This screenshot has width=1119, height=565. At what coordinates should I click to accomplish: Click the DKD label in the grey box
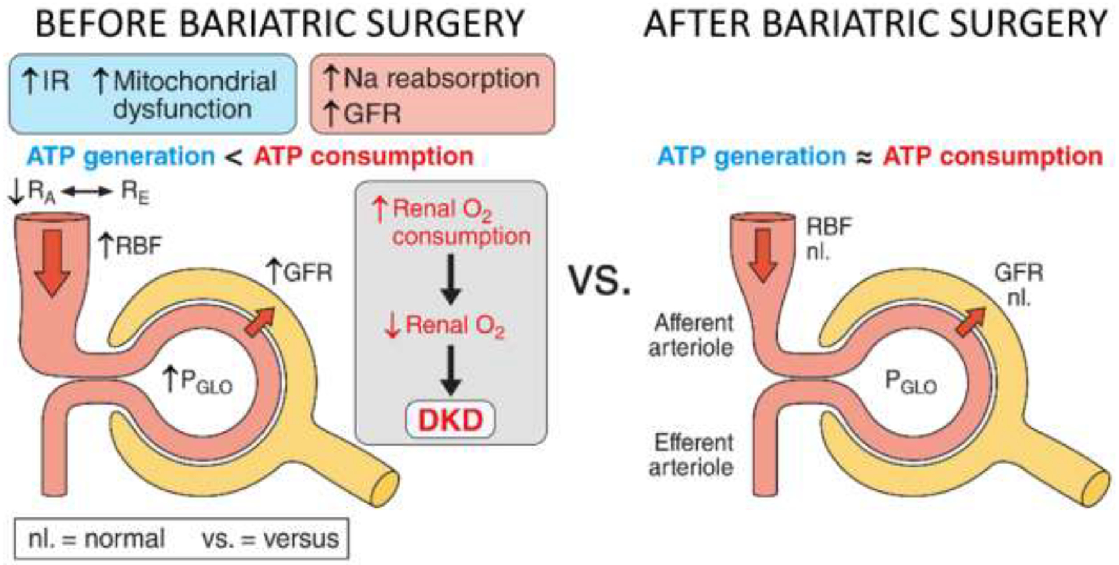tap(450, 420)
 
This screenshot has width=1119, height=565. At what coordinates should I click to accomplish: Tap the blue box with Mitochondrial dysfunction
tap(152, 94)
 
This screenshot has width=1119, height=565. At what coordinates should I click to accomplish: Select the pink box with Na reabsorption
tap(432, 94)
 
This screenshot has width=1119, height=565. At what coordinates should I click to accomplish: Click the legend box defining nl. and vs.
tap(182, 538)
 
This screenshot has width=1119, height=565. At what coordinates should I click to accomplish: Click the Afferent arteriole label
tap(691, 334)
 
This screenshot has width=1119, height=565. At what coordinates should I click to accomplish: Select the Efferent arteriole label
tap(691, 454)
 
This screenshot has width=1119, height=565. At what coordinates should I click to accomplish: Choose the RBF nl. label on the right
tap(828, 238)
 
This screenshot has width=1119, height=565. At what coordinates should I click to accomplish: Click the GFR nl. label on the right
tap(1018, 284)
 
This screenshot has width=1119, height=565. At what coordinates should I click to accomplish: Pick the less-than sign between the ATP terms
tap(234, 157)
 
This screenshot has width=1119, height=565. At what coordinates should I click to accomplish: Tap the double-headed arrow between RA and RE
tap(87, 192)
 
